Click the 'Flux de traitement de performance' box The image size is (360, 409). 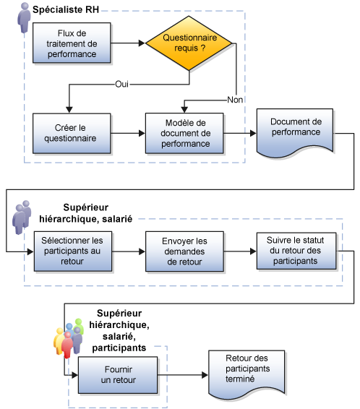(71, 43)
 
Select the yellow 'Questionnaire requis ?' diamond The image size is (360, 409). (191, 43)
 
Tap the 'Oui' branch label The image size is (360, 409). (122, 85)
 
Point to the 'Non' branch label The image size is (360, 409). (236, 99)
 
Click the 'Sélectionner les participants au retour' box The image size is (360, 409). (72, 250)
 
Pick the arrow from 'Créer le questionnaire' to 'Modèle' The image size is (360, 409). (129, 133)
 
